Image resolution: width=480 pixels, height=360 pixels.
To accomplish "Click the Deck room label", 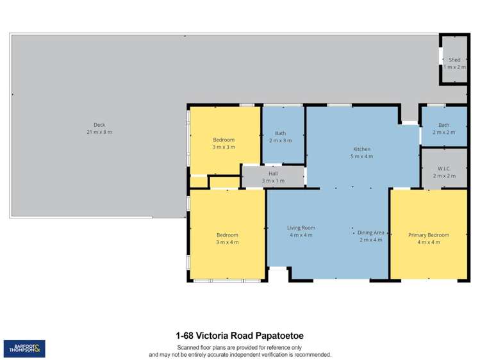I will (x=99, y=125).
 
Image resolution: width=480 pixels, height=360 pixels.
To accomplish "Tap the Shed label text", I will (x=454, y=60).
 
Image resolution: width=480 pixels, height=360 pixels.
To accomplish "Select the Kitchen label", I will (x=361, y=149).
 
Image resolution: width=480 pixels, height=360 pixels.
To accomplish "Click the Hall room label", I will (x=273, y=174).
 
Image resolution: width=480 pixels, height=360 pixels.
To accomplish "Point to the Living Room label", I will (x=301, y=227).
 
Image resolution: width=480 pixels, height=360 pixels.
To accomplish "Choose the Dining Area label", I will (x=371, y=233).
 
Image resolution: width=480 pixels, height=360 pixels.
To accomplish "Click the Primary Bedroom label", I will (x=429, y=235).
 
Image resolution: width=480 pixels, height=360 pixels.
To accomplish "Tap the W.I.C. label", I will (x=443, y=169).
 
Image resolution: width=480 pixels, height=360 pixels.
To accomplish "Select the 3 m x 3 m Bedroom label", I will (x=224, y=140).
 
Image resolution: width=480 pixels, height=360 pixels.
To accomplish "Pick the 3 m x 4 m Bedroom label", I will (x=227, y=235).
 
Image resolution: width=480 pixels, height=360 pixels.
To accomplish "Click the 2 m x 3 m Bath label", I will (x=280, y=133).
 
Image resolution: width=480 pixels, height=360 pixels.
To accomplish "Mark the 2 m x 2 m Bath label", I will (x=443, y=125).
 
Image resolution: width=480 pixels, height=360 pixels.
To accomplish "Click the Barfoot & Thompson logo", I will (x=24, y=349).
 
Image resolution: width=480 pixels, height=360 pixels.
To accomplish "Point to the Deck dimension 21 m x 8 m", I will (x=99, y=132).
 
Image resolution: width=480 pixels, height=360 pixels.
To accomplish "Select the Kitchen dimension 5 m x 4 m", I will (x=361, y=156).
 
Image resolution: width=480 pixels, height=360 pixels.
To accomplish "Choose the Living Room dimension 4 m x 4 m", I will (x=301, y=235).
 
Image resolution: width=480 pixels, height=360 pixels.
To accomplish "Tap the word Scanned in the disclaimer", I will (x=182, y=347).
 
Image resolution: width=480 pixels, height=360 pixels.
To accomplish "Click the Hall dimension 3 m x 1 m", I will (x=273, y=181).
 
